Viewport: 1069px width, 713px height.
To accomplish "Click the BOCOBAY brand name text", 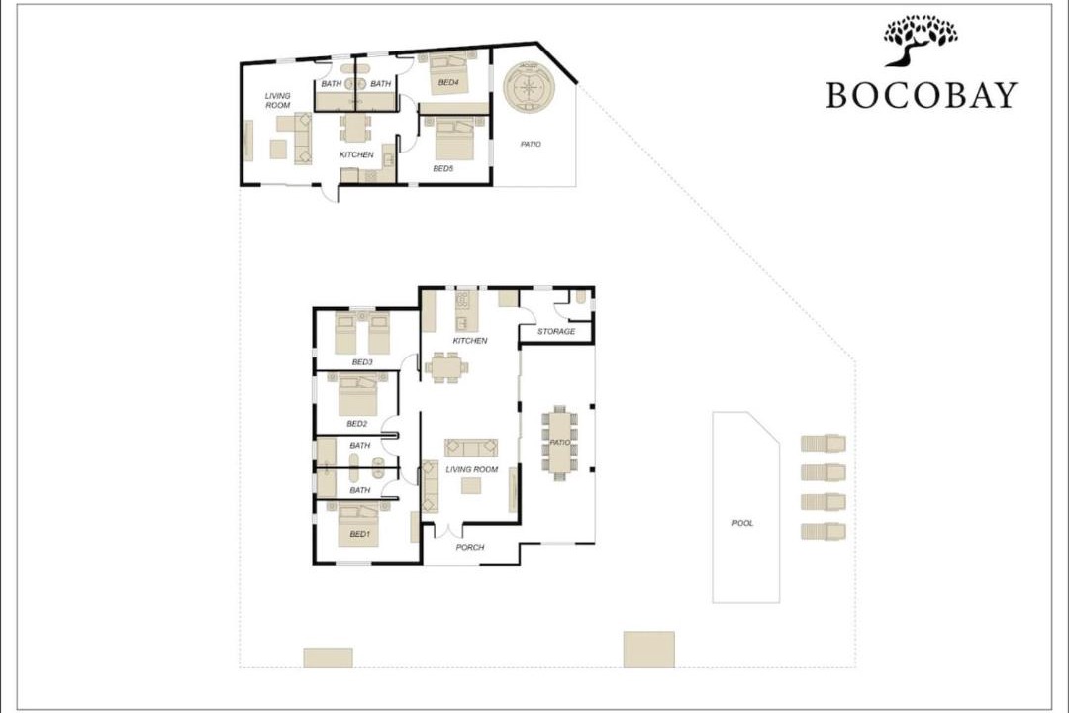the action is [922, 95].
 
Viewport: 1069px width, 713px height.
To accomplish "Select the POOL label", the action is [742, 523].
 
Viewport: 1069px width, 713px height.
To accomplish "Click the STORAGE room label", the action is [556, 331].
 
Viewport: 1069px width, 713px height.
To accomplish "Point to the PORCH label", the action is [470, 547].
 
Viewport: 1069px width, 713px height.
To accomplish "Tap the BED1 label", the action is [359, 534].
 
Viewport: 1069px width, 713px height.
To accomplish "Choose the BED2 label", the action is [356, 424].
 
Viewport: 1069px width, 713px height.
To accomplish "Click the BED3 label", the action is [362, 362].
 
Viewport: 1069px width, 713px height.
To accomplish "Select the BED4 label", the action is [448, 82].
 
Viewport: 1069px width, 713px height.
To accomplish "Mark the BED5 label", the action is [443, 168].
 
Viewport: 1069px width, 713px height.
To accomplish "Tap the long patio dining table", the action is [559, 442].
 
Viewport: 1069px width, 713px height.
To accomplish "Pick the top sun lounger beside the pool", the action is [824, 444].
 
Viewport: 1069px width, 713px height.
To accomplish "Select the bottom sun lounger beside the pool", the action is [824, 531].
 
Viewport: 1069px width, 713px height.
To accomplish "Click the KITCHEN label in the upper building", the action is [356, 154].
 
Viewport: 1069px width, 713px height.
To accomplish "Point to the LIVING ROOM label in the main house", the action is [472, 469].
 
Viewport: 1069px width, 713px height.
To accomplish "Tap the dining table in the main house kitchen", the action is [446, 367].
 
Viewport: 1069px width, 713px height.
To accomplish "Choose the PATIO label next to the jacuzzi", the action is [531, 144].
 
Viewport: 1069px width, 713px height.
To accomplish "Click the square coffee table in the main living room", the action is [471, 486].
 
